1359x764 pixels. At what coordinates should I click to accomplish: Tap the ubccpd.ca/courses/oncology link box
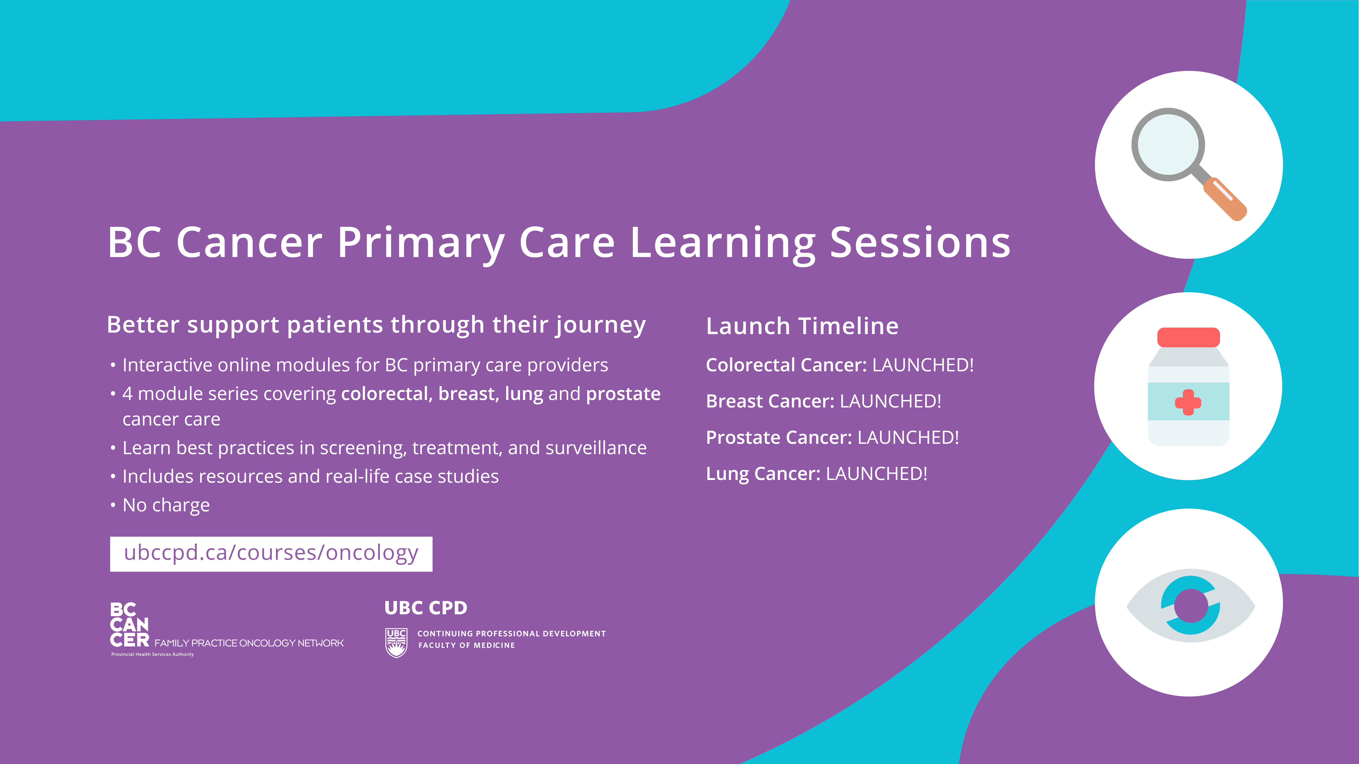pyautogui.click(x=271, y=554)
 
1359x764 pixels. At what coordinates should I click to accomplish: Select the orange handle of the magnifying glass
pyautogui.click(x=1225, y=198)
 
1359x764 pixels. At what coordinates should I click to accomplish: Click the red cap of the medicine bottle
pyautogui.click(x=1189, y=337)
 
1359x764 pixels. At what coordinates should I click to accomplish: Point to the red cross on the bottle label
pyautogui.click(x=1188, y=402)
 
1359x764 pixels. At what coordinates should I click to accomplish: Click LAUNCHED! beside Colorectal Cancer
pyautogui.click(x=923, y=365)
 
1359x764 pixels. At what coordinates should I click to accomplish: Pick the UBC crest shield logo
pyautogui.click(x=396, y=643)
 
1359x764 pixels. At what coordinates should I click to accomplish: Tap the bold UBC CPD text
pyautogui.click(x=426, y=608)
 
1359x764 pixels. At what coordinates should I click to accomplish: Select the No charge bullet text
pyautogui.click(x=166, y=505)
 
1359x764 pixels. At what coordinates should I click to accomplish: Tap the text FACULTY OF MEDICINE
pyautogui.click(x=466, y=645)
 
